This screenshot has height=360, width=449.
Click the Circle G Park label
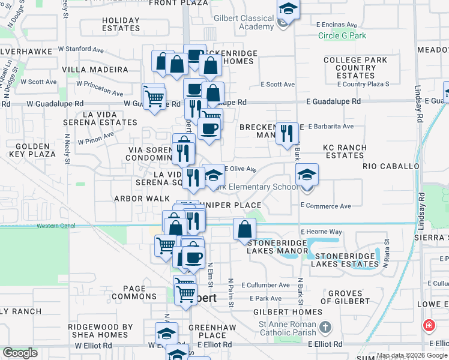click(342, 35)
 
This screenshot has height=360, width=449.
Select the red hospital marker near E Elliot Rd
click(429, 326)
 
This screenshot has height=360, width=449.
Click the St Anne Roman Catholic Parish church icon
click(325, 328)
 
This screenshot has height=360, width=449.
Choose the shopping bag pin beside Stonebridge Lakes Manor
click(244, 229)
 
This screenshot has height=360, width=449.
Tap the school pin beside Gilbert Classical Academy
click(288, 10)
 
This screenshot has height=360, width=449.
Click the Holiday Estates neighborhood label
click(121, 24)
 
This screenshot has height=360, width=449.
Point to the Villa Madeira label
click(95, 70)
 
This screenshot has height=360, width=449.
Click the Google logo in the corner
click(20, 353)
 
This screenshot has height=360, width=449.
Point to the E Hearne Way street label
click(321, 232)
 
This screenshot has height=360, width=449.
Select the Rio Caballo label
click(391, 166)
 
